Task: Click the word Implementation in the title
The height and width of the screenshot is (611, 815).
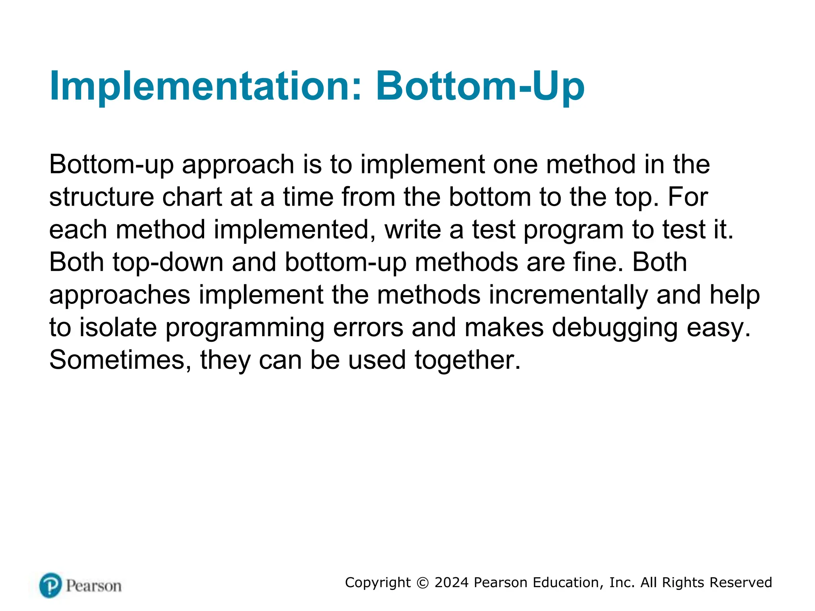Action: point(205,86)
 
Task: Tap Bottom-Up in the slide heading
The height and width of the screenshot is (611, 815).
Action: point(480,86)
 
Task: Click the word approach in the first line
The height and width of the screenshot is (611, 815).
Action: point(238,165)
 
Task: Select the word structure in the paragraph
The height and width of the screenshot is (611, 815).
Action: point(101,197)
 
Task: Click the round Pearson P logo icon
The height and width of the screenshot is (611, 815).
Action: point(51,585)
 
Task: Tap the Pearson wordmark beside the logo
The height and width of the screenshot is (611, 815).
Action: point(94,586)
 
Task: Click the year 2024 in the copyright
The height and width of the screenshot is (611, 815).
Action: point(452,582)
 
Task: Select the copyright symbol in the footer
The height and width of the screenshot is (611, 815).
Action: point(423,583)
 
